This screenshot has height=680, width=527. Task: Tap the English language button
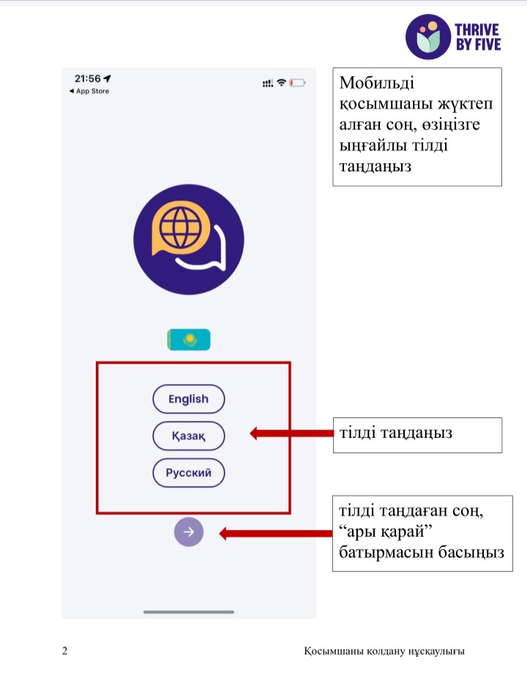(x=189, y=398)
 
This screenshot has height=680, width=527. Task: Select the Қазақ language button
(x=189, y=436)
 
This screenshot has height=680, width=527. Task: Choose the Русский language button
(x=189, y=472)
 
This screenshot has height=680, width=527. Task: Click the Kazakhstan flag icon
(x=189, y=339)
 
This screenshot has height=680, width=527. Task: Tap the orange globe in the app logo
(x=181, y=227)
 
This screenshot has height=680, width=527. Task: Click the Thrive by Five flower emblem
(x=428, y=37)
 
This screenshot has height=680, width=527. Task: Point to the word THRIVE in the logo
(x=477, y=29)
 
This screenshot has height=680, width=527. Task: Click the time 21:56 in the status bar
(x=88, y=78)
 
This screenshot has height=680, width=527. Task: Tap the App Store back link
(x=89, y=91)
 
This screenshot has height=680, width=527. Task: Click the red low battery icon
(x=297, y=83)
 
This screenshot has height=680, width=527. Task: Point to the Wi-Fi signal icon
(x=282, y=83)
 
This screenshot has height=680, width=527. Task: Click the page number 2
(x=64, y=651)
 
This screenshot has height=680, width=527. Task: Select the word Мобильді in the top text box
(x=376, y=83)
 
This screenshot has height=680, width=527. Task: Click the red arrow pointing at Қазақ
(x=291, y=433)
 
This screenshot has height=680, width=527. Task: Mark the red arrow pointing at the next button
(x=276, y=533)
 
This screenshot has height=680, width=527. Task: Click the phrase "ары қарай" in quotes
(x=386, y=531)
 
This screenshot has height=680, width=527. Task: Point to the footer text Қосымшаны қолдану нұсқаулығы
(x=384, y=651)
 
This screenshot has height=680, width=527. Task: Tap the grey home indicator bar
(x=189, y=612)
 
